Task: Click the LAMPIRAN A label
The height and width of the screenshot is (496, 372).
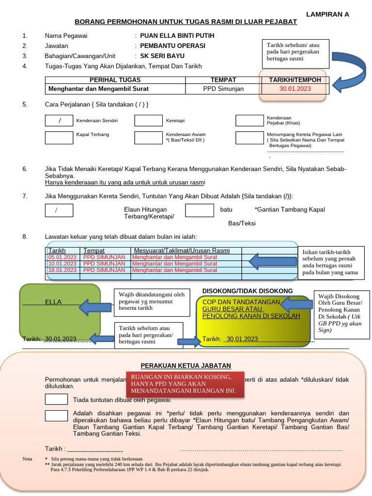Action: pyautogui.click(x=327, y=14)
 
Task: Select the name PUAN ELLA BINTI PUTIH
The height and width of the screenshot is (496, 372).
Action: pyautogui.click(x=177, y=36)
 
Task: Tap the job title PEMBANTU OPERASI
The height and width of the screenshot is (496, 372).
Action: pyautogui.click(x=172, y=46)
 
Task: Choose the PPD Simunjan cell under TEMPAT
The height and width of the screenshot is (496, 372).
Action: pyautogui.click(x=223, y=89)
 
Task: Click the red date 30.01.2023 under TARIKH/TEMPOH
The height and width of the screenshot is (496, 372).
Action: pyautogui.click(x=295, y=89)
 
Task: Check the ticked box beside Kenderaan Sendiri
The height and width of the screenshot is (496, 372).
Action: pyautogui.click(x=59, y=121)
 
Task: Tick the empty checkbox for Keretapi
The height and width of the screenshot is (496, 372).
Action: pyautogui.click(x=148, y=121)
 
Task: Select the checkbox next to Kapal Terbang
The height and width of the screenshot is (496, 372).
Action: pyautogui.click(x=59, y=138)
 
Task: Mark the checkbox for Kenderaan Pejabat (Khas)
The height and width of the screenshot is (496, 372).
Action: pyautogui.click(x=249, y=121)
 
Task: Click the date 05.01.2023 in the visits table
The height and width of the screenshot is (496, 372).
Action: pyautogui.click(x=62, y=257)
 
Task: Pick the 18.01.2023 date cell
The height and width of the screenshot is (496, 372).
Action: pyautogui.click(x=62, y=270)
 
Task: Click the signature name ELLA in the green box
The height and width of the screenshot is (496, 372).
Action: pyautogui.click(x=53, y=302)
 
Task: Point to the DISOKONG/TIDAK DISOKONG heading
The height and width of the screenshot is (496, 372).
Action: pyautogui.click(x=247, y=291)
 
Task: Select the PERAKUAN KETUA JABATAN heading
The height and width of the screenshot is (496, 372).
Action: pyautogui.click(x=186, y=366)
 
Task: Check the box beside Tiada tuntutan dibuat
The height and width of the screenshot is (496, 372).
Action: pyautogui.click(x=56, y=399)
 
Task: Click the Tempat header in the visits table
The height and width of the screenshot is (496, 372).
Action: pyautogui.click(x=94, y=251)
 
